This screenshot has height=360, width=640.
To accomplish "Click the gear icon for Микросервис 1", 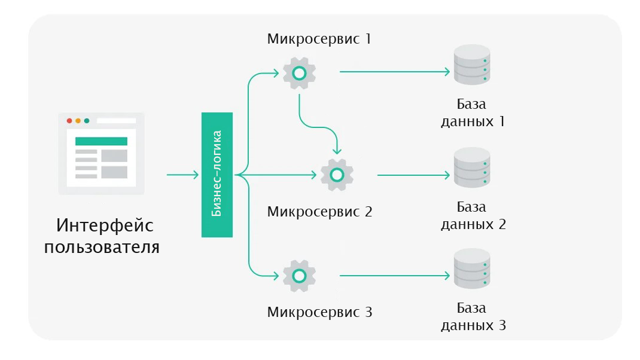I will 299,73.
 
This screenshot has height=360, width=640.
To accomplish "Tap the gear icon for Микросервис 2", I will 337,175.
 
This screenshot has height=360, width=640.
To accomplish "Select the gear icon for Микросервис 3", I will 299,276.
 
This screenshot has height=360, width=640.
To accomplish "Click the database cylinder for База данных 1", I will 472,67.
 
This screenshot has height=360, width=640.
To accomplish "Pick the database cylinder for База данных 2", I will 472,169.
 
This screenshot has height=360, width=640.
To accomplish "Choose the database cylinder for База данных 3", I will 472,270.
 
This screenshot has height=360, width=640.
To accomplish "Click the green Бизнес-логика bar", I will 217,175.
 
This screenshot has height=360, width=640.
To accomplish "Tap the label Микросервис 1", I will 319,39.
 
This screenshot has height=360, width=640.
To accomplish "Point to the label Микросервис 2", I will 319,211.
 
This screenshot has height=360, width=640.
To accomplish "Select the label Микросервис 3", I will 319,312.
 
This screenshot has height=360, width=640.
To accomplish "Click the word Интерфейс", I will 105,226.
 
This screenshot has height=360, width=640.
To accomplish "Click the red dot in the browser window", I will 69,120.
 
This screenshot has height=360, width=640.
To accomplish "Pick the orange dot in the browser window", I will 78,120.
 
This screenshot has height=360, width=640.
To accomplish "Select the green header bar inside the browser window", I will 101,141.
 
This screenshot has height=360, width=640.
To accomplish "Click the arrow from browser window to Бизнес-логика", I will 182,175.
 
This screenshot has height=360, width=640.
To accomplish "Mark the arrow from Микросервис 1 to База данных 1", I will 395,72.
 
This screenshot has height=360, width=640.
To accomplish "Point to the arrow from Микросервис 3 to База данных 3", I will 395,276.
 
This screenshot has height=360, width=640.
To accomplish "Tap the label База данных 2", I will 473,216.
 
